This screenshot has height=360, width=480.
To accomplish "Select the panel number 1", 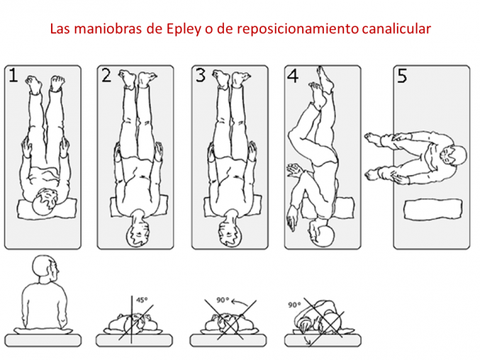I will click(13, 77).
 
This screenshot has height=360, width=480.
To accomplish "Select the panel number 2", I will click(106, 77).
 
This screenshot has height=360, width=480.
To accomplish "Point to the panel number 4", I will click(293, 77).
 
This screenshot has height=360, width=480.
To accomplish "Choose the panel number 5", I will click(402, 77).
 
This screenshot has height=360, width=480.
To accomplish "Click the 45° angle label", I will click(142, 300).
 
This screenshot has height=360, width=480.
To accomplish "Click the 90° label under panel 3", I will click(223, 300).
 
